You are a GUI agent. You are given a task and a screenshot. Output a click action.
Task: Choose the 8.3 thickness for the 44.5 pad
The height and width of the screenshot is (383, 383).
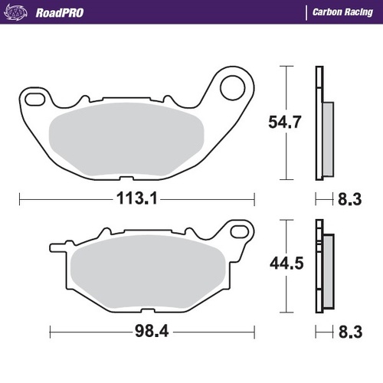[x=349, y=333]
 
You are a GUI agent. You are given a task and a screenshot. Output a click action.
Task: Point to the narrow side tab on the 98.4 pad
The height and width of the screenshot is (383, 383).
[x=57, y=247]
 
